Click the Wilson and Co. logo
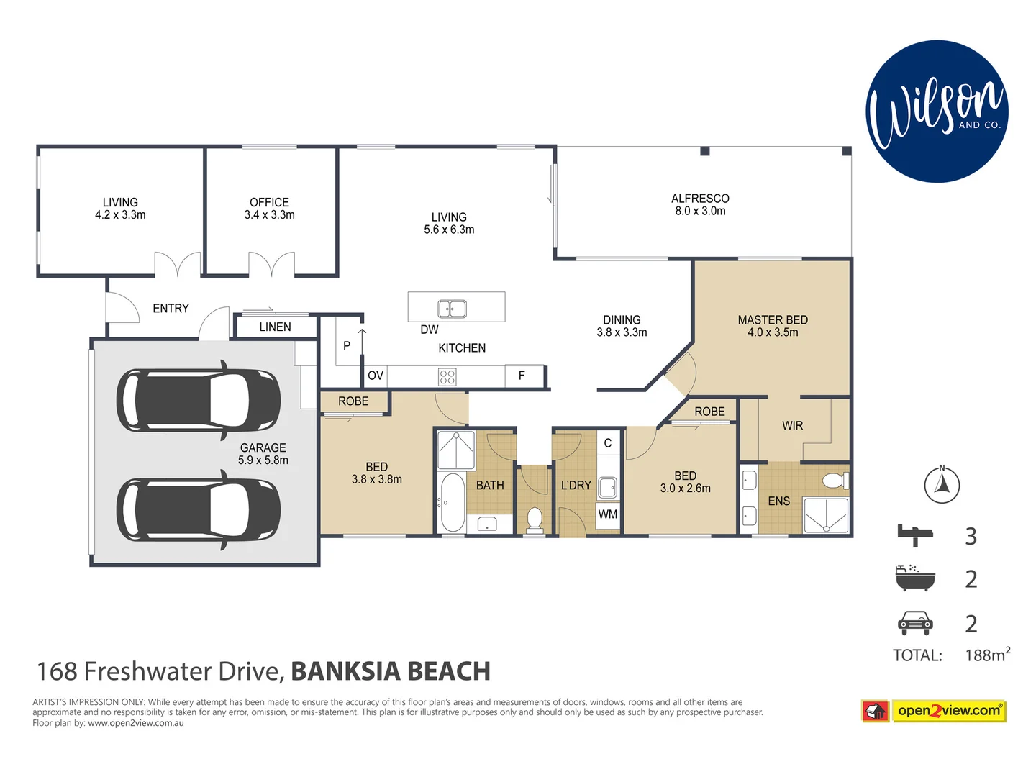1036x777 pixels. tap(937, 112)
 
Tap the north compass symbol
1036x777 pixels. tap(942, 485)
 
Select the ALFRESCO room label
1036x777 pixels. tap(700, 199)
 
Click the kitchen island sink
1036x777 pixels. tap(453, 309)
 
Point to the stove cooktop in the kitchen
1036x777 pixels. tap(447, 377)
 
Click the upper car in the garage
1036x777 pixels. tap(199, 400)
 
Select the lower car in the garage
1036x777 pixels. tap(199, 509)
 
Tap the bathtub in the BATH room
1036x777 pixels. tap(453, 502)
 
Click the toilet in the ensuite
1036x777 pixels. tap(836, 481)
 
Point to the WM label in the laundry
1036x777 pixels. tap(608, 514)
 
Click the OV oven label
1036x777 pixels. tap(376, 376)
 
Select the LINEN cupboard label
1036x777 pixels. tap(275, 327)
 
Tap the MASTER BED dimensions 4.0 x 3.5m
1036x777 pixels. tap(773, 332)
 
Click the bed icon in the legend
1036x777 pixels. tap(915, 535)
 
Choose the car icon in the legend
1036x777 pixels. tap(915, 622)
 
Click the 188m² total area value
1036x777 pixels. tap(987, 655)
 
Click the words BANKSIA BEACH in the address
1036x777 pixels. tap(391, 671)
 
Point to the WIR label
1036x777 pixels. tap(792, 426)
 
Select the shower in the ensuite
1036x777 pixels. tap(825, 516)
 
